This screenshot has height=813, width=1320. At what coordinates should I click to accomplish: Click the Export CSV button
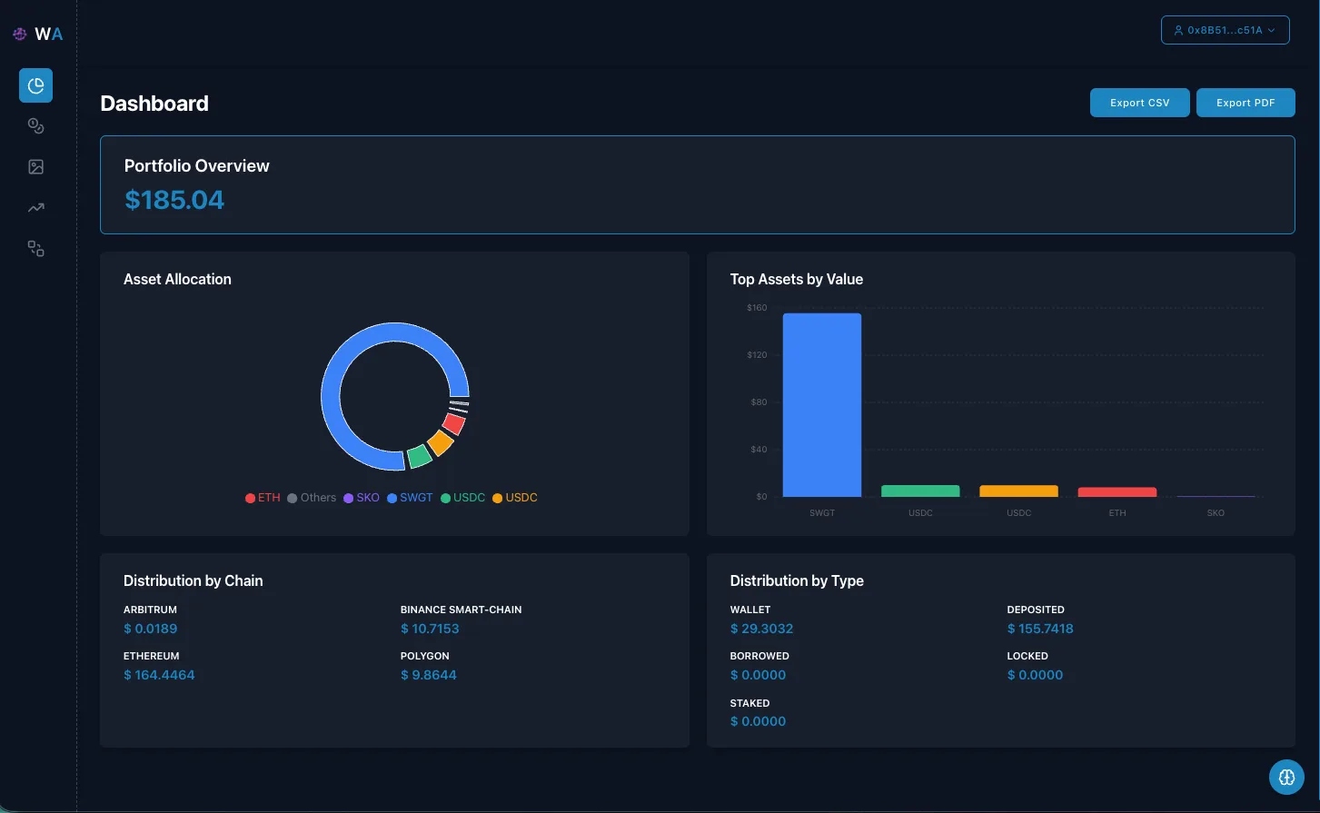coord(1139,103)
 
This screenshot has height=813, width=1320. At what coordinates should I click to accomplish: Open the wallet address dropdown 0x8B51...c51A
coord(1225,30)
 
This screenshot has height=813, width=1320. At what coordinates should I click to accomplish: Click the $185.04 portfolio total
coord(174,200)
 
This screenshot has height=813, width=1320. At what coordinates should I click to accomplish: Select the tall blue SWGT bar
coord(821,404)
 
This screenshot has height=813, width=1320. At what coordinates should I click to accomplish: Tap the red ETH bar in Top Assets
coord(1117,492)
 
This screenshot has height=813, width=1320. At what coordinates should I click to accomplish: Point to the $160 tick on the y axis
coord(757,308)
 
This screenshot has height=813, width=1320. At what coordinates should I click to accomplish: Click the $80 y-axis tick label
coord(758,402)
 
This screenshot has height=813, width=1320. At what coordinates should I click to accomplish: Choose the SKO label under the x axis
coord(1216,513)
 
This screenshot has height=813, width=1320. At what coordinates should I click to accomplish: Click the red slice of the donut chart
coord(454,423)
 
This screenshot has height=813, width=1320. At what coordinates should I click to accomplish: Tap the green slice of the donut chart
coord(419,456)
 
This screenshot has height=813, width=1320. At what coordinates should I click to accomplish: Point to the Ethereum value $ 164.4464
coord(159,675)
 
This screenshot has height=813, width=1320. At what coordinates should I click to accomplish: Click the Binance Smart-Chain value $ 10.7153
coord(430,629)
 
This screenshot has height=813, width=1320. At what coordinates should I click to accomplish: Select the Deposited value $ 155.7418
coord(1040,629)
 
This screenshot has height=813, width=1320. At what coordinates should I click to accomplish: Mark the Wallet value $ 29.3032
coord(761,629)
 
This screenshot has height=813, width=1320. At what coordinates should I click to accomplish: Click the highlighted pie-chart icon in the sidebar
coord(36,85)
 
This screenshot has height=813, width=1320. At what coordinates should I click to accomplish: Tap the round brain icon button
coord(1286,778)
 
